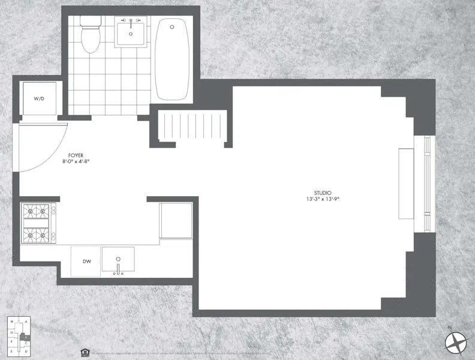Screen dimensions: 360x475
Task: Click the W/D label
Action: point(40,98)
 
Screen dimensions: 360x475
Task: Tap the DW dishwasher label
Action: point(86,261)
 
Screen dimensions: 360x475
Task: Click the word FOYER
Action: point(76,155)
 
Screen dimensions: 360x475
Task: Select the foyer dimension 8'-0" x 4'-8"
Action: point(76,161)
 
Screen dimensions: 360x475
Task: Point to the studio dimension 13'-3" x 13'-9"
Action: point(322,199)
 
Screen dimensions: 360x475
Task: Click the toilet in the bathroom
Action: point(90,34)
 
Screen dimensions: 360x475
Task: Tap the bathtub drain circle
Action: point(172,27)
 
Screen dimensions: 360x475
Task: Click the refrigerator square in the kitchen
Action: point(176,220)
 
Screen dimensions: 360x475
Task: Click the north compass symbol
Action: point(456,341)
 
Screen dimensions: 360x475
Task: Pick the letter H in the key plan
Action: point(12,322)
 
